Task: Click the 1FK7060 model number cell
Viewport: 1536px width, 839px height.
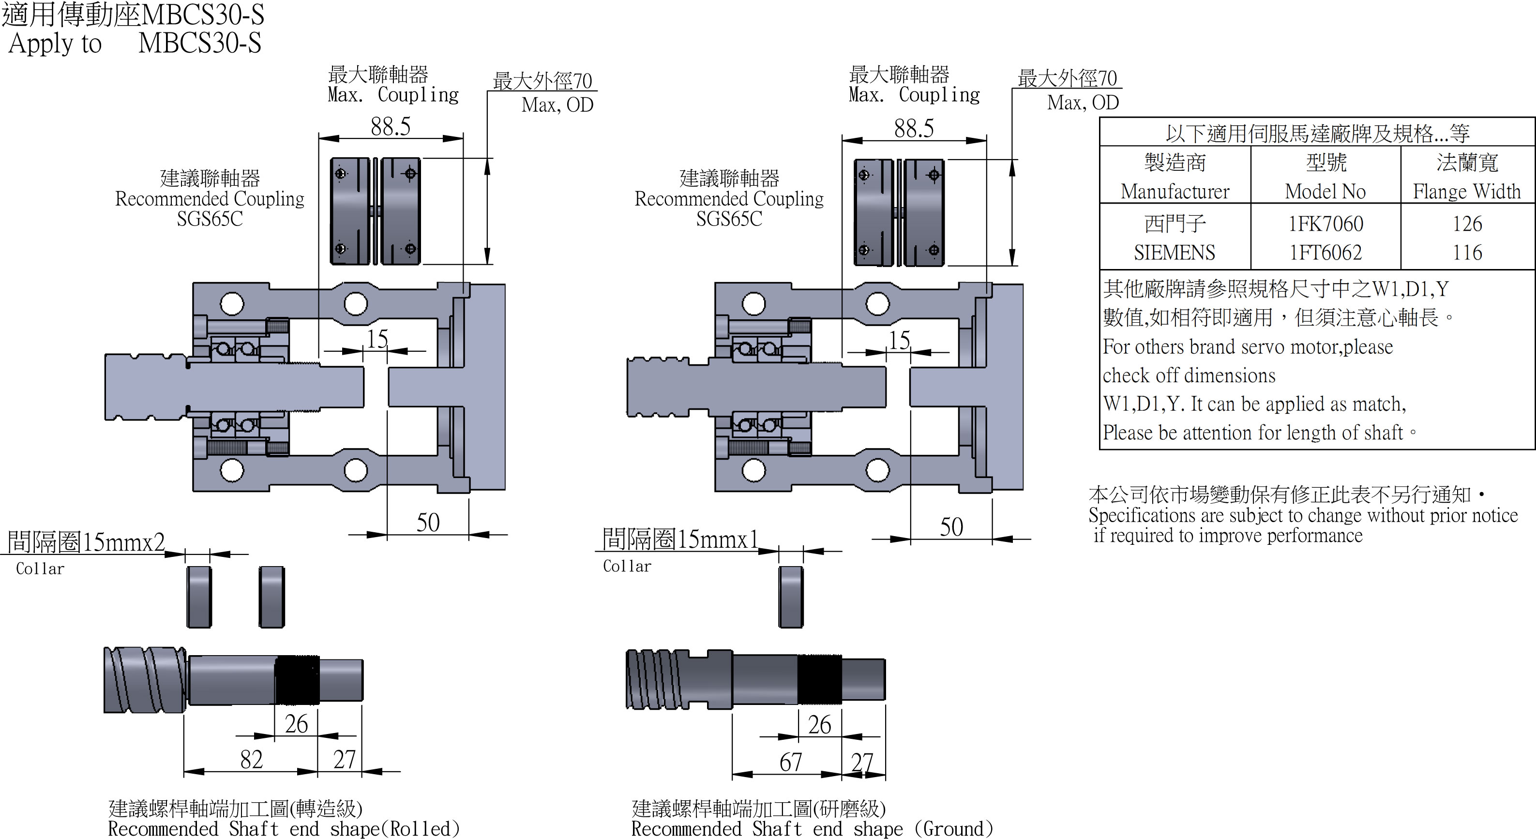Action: point(1325,224)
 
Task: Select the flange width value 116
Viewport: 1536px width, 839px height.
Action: point(1467,252)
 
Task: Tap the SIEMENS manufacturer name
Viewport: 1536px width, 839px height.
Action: point(1174,252)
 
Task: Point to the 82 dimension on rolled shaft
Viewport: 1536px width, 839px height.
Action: point(251,759)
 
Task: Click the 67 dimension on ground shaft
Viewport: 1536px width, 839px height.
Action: point(790,762)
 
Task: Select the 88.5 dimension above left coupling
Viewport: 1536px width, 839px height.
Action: point(391,126)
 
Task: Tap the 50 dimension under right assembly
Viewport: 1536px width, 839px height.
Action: point(951,526)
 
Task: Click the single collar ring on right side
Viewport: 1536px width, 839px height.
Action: point(791,596)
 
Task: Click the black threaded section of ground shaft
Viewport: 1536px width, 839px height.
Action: point(819,679)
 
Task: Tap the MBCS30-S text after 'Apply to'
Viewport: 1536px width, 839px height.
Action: point(200,43)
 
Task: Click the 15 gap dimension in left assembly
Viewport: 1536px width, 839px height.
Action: point(377,339)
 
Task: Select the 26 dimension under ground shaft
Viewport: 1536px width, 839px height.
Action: point(819,724)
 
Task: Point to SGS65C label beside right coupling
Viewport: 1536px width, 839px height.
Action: point(729,219)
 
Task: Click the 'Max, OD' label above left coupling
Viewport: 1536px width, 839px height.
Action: point(557,105)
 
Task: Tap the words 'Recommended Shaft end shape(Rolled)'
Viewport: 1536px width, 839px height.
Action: point(284,829)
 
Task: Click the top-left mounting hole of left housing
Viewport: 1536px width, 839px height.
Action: point(232,303)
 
